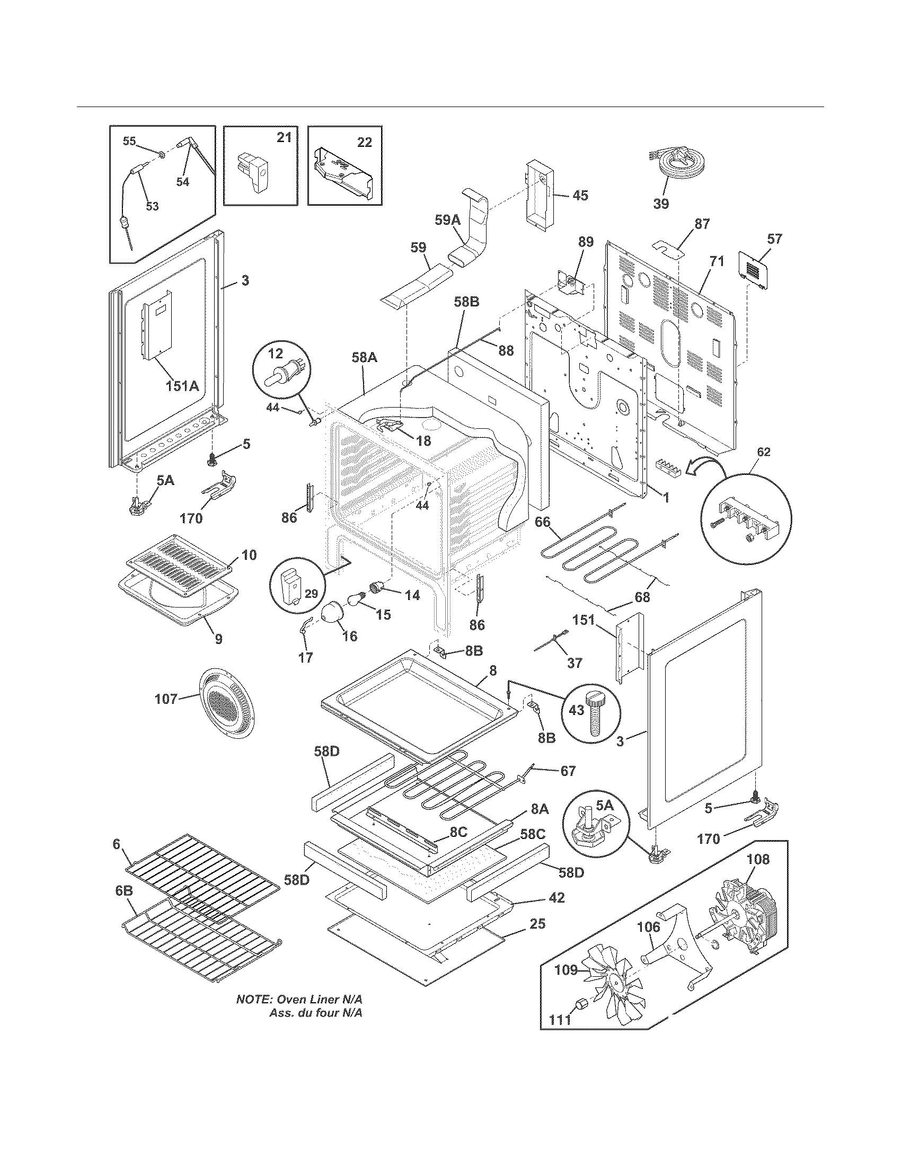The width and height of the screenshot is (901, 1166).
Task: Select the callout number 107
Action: tap(165, 699)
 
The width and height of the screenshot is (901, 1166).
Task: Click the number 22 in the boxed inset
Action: tap(365, 142)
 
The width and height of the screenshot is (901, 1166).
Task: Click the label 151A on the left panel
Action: tap(182, 385)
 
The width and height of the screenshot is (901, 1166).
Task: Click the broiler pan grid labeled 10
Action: tap(179, 565)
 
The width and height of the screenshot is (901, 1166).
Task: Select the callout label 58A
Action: tap(364, 358)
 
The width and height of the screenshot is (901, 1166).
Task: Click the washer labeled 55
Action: tap(161, 155)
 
